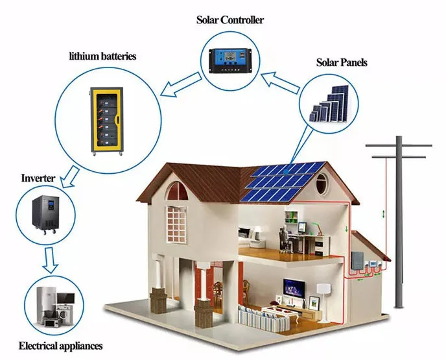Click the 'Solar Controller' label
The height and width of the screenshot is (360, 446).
coord(230,19)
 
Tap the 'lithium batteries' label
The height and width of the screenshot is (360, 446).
coord(102,56)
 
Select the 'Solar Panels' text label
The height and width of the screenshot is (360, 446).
coord(342,63)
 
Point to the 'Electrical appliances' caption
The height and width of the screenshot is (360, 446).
coord(61,346)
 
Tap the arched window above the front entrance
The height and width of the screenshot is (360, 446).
coord(175,191)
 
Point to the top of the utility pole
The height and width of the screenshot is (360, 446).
coord(398,141)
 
